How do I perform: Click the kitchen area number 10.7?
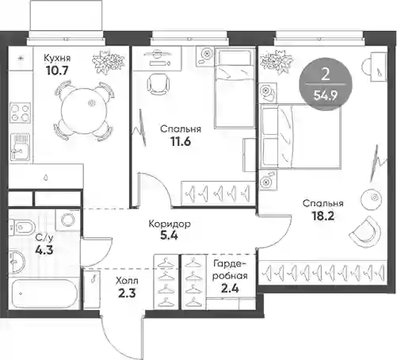click(x=57, y=71)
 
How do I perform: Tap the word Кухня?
click(x=57, y=58)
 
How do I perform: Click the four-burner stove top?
click(x=20, y=113)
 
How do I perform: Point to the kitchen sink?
click(x=20, y=147)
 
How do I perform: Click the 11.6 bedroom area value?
click(x=181, y=142)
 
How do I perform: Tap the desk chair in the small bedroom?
click(x=158, y=83)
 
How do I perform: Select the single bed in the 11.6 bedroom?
click(x=235, y=88)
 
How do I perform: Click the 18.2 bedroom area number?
click(x=323, y=216)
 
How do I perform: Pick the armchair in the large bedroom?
click(x=366, y=233)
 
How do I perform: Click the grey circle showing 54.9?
click(x=326, y=84)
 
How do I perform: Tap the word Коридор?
click(x=170, y=224)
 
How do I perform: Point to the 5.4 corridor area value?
click(x=169, y=236)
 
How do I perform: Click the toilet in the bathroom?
click(x=22, y=227)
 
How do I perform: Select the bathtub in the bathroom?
click(x=44, y=293)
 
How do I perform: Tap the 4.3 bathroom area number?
click(x=44, y=250)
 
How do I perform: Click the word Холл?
click(x=127, y=281)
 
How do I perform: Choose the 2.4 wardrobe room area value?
click(x=230, y=289)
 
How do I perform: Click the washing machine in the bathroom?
click(x=67, y=220)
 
